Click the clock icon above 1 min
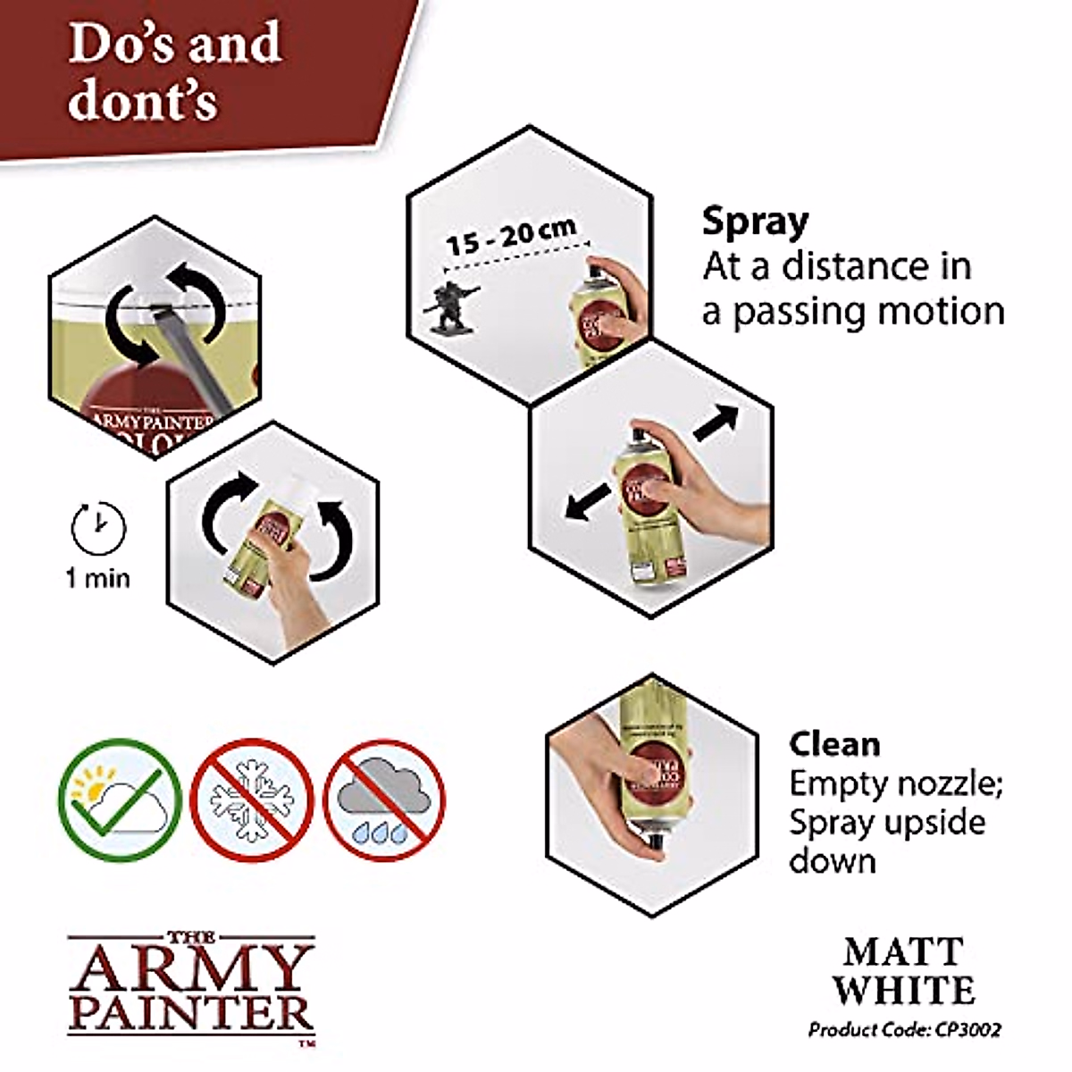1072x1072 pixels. pyautogui.click(x=98, y=528)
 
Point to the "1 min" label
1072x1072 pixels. pyautogui.click(x=98, y=578)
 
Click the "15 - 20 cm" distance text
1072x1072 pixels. pyautogui.click(x=511, y=234)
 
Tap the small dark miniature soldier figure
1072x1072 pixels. pyautogui.click(x=450, y=306)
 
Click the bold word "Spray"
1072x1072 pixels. pyautogui.click(x=755, y=221)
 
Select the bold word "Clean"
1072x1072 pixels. pyautogui.click(x=834, y=744)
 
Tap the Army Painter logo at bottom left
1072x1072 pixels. pyautogui.click(x=191, y=987)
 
